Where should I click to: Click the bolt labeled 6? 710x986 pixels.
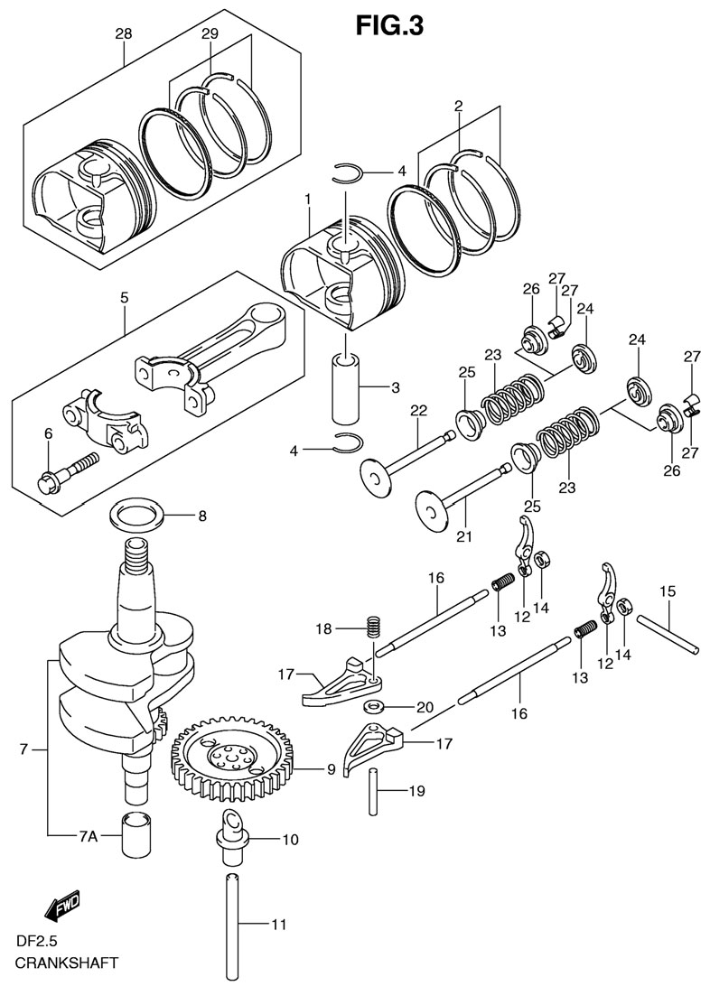pos(67,472)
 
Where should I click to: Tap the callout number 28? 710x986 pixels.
pos(124,33)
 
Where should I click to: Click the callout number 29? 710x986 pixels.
pos(210,33)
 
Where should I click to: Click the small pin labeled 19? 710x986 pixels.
pos(373,792)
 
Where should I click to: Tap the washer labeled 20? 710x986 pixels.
pos(375,705)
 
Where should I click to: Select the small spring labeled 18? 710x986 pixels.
pos(371,628)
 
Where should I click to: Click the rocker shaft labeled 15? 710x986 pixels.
pos(669,635)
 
